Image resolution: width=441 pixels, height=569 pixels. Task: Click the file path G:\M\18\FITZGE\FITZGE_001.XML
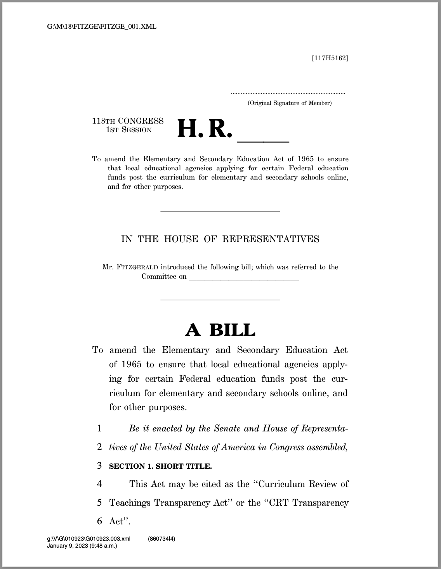click(x=102, y=27)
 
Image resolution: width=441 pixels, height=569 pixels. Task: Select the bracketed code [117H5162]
click(x=330, y=58)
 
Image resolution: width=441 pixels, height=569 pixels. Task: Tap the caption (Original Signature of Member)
click(x=290, y=103)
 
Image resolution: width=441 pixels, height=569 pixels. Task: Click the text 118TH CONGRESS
click(x=128, y=121)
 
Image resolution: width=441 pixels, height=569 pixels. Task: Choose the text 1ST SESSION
click(x=129, y=130)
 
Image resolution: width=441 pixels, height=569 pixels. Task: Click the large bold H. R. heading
click(x=205, y=129)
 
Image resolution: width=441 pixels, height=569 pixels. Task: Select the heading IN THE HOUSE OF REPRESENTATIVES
click(x=220, y=239)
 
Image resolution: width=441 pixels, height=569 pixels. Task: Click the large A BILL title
click(x=220, y=330)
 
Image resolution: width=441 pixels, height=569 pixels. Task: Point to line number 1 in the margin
click(x=100, y=429)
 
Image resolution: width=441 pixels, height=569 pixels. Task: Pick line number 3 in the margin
click(x=100, y=466)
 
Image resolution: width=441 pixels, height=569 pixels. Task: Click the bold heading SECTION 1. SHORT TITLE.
click(x=160, y=466)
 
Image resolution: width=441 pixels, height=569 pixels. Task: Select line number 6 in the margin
click(x=100, y=521)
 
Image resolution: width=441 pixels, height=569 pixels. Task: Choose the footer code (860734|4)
click(x=161, y=539)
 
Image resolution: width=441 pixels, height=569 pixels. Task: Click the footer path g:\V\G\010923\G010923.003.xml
click(x=89, y=539)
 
